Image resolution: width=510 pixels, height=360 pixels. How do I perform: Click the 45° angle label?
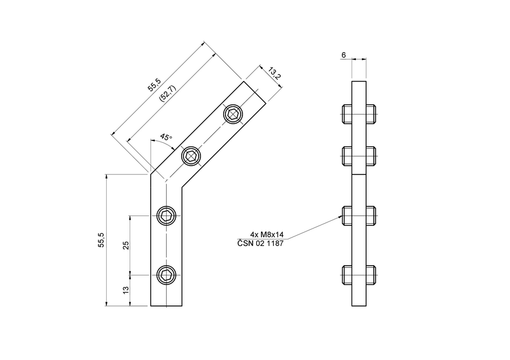[166, 137]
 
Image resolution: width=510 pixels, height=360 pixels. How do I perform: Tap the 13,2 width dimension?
[274, 75]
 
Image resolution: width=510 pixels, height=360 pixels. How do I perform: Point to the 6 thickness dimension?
[343, 55]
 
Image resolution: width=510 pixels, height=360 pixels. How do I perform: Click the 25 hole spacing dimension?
[125, 245]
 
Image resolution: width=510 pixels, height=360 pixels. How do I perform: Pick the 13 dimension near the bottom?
[125, 290]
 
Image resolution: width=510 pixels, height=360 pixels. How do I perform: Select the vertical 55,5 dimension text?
[101, 240]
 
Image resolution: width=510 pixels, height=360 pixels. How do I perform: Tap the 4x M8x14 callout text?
[268, 235]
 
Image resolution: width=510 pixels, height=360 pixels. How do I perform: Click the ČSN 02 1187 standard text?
[261, 243]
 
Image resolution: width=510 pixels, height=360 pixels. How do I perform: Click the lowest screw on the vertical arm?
[166, 275]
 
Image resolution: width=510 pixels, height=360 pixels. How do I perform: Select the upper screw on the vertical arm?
[166, 215]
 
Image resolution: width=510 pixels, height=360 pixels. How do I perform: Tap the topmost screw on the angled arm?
[233, 114]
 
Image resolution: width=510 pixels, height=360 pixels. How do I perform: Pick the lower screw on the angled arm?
[191, 157]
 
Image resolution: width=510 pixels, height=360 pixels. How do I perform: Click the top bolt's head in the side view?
[347, 113]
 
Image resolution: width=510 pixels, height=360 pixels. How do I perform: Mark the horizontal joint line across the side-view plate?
[359, 174]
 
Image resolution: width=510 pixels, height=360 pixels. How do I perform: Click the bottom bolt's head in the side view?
[347, 275]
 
